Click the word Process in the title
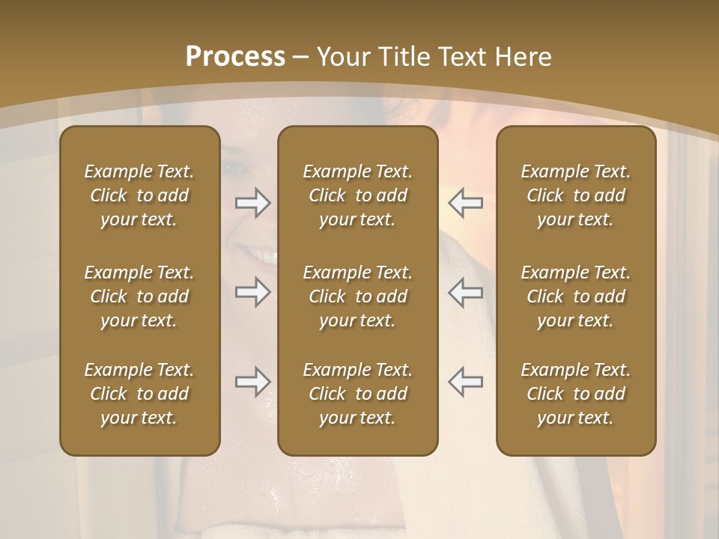(x=235, y=57)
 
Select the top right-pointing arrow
(x=253, y=202)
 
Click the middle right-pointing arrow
(x=253, y=292)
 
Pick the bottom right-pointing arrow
(x=253, y=382)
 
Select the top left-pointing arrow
(x=465, y=202)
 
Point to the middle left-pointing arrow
(x=465, y=292)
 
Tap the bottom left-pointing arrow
(x=465, y=382)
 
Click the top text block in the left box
(x=139, y=195)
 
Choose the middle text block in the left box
(x=139, y=296)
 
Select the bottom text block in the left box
(x=139, y=394)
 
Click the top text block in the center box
(x=357, y=195)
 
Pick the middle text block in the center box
(x=357, y=296)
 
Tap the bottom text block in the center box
(x=357, y=394)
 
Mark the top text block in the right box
(x=575, y=195)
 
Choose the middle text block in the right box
(x=575, y=296)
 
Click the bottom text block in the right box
(x=575, y=394)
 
